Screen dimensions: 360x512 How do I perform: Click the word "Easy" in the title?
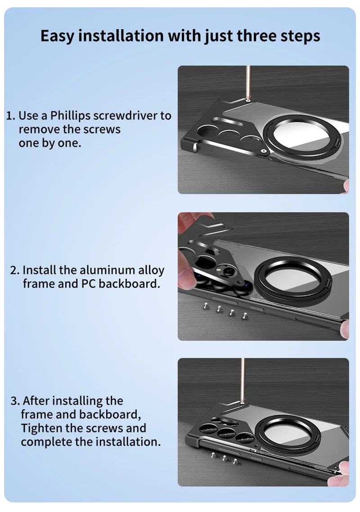[x=57, y=36]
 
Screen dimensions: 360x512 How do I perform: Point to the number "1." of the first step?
[x=11, y=116]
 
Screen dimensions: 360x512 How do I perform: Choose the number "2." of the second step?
[x=15, y=271]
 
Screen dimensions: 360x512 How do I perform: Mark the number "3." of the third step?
[x=15, y=401]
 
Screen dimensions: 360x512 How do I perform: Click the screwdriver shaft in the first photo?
[x=248, y=83]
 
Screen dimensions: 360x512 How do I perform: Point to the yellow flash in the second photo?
[x=219, y=270]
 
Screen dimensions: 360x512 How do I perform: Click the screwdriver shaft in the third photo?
[x=243, y=379]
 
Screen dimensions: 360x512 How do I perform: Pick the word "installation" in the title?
[x=121, y=36]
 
